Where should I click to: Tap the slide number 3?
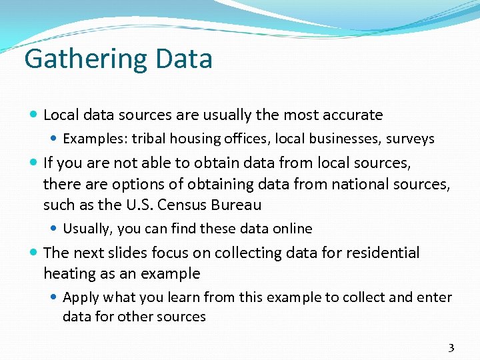(451, 347)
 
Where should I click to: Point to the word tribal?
(149, 139)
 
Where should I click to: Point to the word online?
(291, 229)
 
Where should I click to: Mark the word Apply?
(79, 297)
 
